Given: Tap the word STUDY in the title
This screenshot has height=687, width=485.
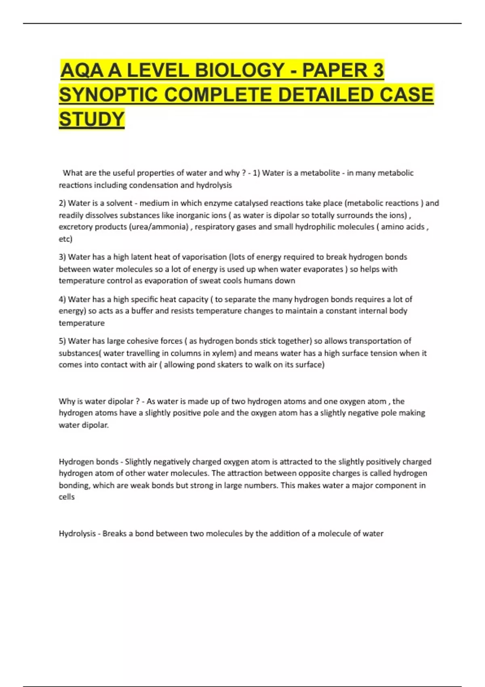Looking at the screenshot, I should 92,119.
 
